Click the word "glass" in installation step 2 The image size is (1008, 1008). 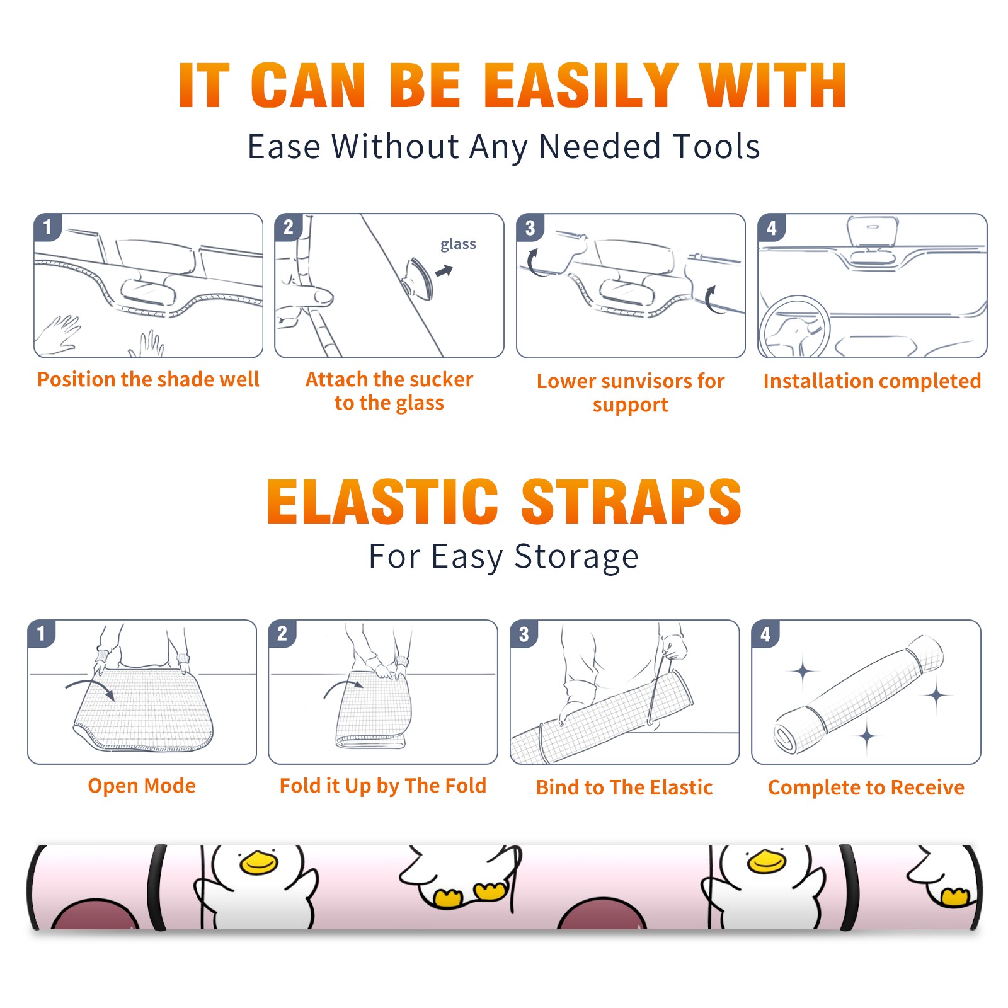click(458, 244)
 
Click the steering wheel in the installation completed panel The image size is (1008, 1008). click(794, 327)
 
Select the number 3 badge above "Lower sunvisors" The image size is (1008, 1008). click(530, 227)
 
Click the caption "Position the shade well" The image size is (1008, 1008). click(148, 379)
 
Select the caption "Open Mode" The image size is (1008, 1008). click(142, 786)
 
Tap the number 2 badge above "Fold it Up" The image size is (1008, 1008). click(282, 633)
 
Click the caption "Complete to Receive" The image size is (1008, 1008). click(866, 787)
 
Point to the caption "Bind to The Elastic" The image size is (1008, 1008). click(624, 787)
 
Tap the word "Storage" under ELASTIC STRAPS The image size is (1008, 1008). click(576, 557)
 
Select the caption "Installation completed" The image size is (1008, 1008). click(872, 381)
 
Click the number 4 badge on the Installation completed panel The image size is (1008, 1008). click(772, 227)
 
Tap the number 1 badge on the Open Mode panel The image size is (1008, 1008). click(42, 633)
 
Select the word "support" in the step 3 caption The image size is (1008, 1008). click(631, 405)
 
